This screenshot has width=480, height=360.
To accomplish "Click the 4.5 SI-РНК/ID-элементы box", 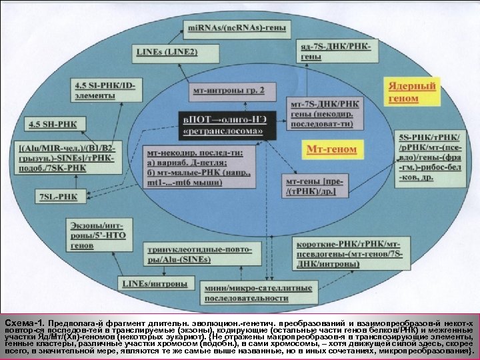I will pyautogui.click(x=108, y=90).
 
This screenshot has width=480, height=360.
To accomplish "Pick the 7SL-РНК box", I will pyautogui.click(x=58, y=196).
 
